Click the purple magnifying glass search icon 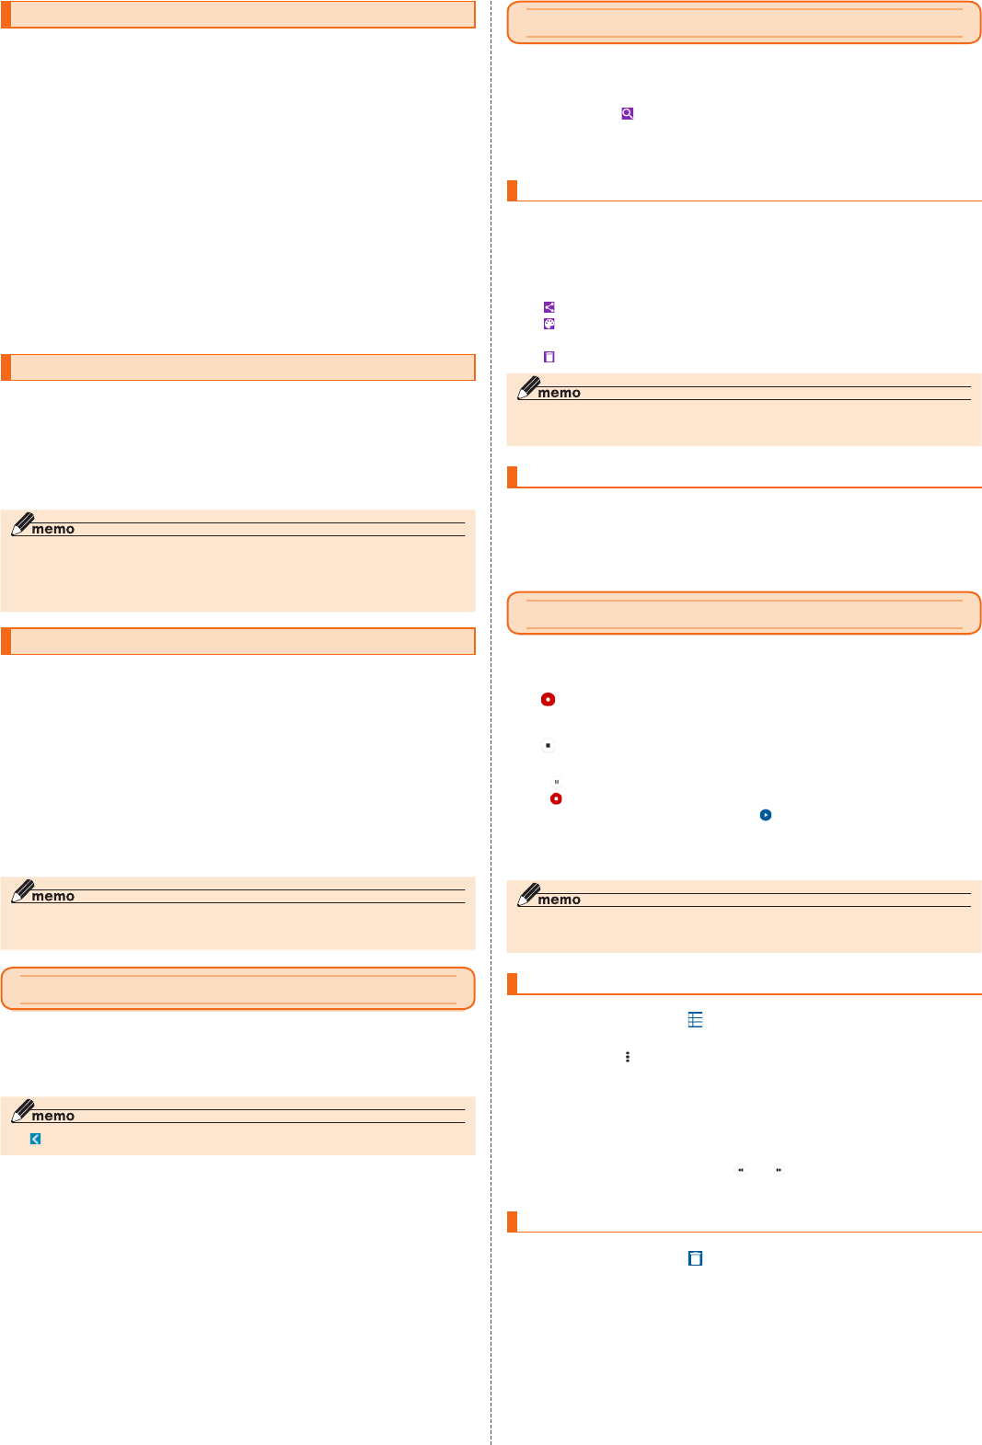pyautogui.click(x=627, y=113)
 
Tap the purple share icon pyautogui.click(x=549, y=307)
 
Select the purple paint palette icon pyautogui.click(x=549, y=324)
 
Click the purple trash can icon pyautogui.click(x=549, y=357)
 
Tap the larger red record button pyautogui.click(x=548, y=699)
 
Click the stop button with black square pyautogui.click(x=548, y=745)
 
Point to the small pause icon pyautogui.click(x=557, y=782)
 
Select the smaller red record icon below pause pyautogui.click(x=556, y=798)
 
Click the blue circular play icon pyautogui.click(x=765, y=815)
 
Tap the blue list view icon pyautogui.click(x=696, y=1019)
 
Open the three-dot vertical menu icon pyautogui.click(x=628, y=1057)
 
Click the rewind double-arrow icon pyautogui.click(x=741, y=1170)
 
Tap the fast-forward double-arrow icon pyautogui.click(x=779, y=1170)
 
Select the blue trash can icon pyautogui.click(x=696, y=1258)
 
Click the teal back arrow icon pyautogui.click(x=35, y=1139)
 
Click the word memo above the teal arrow pyautogui.click(x=53, y=1116)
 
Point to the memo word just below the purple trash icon pyautogui.click(x=559, y=393)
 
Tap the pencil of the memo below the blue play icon pyautogui.click(x=529, y=894)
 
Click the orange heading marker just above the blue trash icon pyautogui.click(x=513, y=1221)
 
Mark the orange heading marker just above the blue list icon pyautogui.click(x=513, y=983)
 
